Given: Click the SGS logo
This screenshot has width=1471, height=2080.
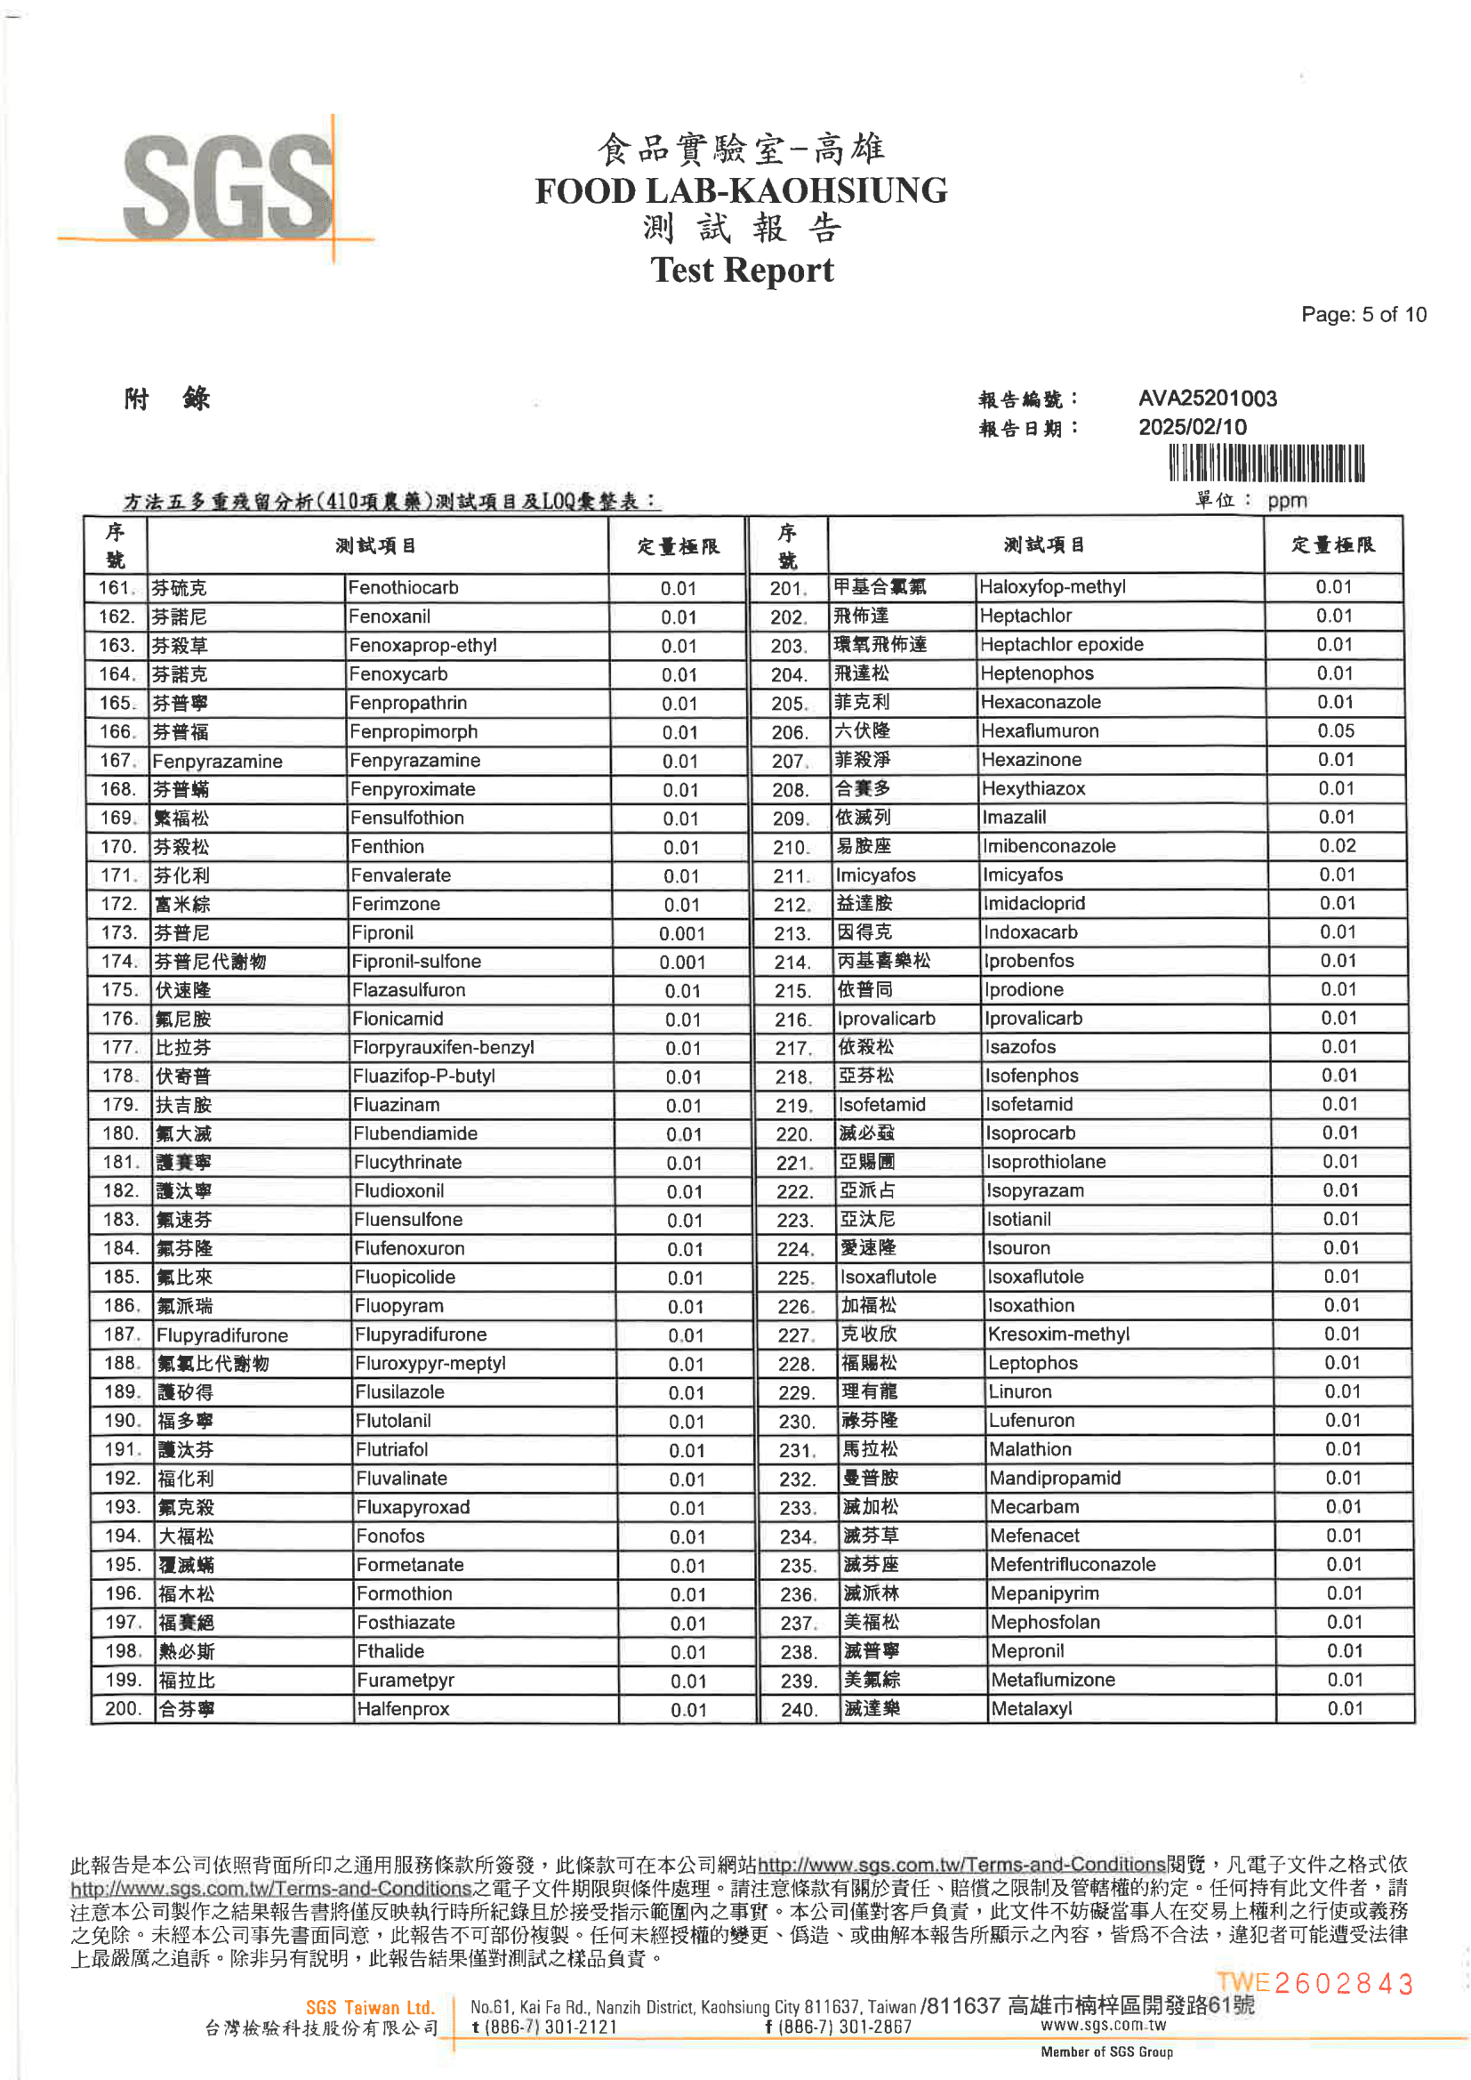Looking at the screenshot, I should [227, 189].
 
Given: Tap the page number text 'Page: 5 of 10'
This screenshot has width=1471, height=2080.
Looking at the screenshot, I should [1363, 314].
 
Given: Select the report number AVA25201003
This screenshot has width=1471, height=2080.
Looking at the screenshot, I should [1208, 399].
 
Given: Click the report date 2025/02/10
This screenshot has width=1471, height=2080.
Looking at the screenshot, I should [1192, 428].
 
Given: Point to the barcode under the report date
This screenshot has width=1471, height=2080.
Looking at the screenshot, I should [1266, 464].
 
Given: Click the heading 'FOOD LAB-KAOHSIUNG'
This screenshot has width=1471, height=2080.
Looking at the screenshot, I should [741, 191].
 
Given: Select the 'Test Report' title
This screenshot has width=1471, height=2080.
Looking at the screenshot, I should [742, 270].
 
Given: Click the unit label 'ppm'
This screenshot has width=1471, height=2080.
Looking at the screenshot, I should [1287, 501].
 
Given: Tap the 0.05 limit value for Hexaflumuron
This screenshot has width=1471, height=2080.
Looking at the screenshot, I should [1336, 731].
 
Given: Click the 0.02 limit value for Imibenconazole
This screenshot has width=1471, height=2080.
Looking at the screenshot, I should [1337, 846].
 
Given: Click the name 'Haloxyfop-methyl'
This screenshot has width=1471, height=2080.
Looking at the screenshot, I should [1052, 587].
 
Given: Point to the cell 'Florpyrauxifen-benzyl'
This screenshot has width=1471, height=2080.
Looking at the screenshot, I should [444, 1047].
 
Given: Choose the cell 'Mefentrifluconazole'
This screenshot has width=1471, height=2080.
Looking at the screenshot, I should [1073, 1565].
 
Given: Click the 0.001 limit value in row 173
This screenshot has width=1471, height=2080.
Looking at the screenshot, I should [681, 933].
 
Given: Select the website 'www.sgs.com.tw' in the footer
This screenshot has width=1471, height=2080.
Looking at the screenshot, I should [1102, 2025].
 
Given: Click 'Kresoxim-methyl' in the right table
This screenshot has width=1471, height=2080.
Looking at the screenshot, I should [1059, 1334].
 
